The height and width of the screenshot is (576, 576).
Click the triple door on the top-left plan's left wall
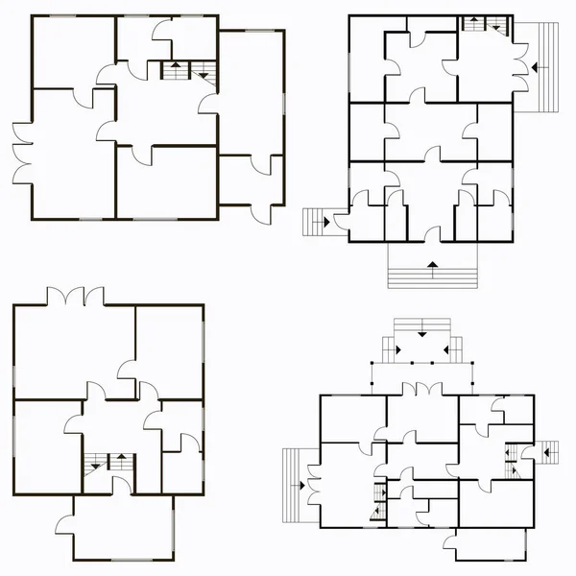tap(21, 155)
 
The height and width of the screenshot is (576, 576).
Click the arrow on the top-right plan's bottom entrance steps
tap(432, 261)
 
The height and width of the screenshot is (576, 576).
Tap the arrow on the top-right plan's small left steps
tap(326, 221)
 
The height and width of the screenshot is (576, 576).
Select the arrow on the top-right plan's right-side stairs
tap(537, 67)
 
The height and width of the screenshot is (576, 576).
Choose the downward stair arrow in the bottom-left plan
tap(122, 459)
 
